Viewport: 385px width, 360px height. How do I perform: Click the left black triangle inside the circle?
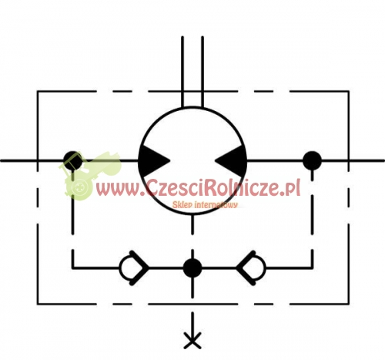tap(152, 161)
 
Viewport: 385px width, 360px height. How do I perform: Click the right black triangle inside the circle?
tap(233, 161)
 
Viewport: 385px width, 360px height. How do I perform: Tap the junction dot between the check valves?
tap(192, 268)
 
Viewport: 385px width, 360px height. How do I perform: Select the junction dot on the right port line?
tap(312, 161)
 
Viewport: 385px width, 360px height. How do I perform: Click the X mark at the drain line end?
tap(192, 341)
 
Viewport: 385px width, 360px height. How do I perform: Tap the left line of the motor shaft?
tap(182, 72)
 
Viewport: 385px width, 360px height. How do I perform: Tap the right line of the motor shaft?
tap(203, 72)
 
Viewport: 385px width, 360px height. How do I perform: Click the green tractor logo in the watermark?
tap(87, 175)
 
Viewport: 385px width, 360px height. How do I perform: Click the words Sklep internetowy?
tap(205, 205)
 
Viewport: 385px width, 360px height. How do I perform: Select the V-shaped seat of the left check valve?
tap(140, 268)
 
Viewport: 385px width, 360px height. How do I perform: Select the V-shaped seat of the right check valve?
tap(245, 268)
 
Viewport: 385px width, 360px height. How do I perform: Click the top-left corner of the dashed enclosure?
tap(38, 91)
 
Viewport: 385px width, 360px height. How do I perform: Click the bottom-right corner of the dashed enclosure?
tap(349, 304)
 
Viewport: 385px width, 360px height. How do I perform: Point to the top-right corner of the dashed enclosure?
tap(349, 91)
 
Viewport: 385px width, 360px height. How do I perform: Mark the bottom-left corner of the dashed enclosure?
tap(38, 304)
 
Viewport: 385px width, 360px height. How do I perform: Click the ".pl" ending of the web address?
tap(291, 189)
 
